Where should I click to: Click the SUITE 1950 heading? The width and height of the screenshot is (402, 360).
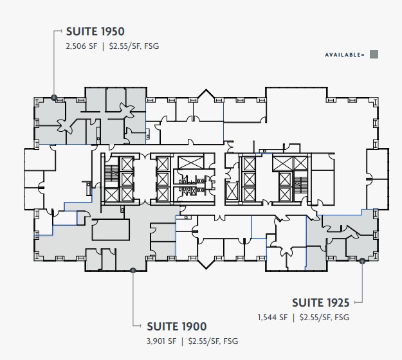click(95, 32)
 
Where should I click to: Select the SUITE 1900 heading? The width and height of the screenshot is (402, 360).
click(177, 326)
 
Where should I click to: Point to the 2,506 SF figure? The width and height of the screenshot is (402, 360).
click(80, 47)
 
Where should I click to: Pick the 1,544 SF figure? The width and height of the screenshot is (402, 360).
click(272, 318)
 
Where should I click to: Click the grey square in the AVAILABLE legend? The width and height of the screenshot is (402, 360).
click(374, 55)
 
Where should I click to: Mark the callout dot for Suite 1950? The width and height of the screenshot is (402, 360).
click(54, 98)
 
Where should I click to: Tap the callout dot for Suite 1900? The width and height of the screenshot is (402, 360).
click(132, 271)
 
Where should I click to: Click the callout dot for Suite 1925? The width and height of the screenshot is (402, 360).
click(362, 261)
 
